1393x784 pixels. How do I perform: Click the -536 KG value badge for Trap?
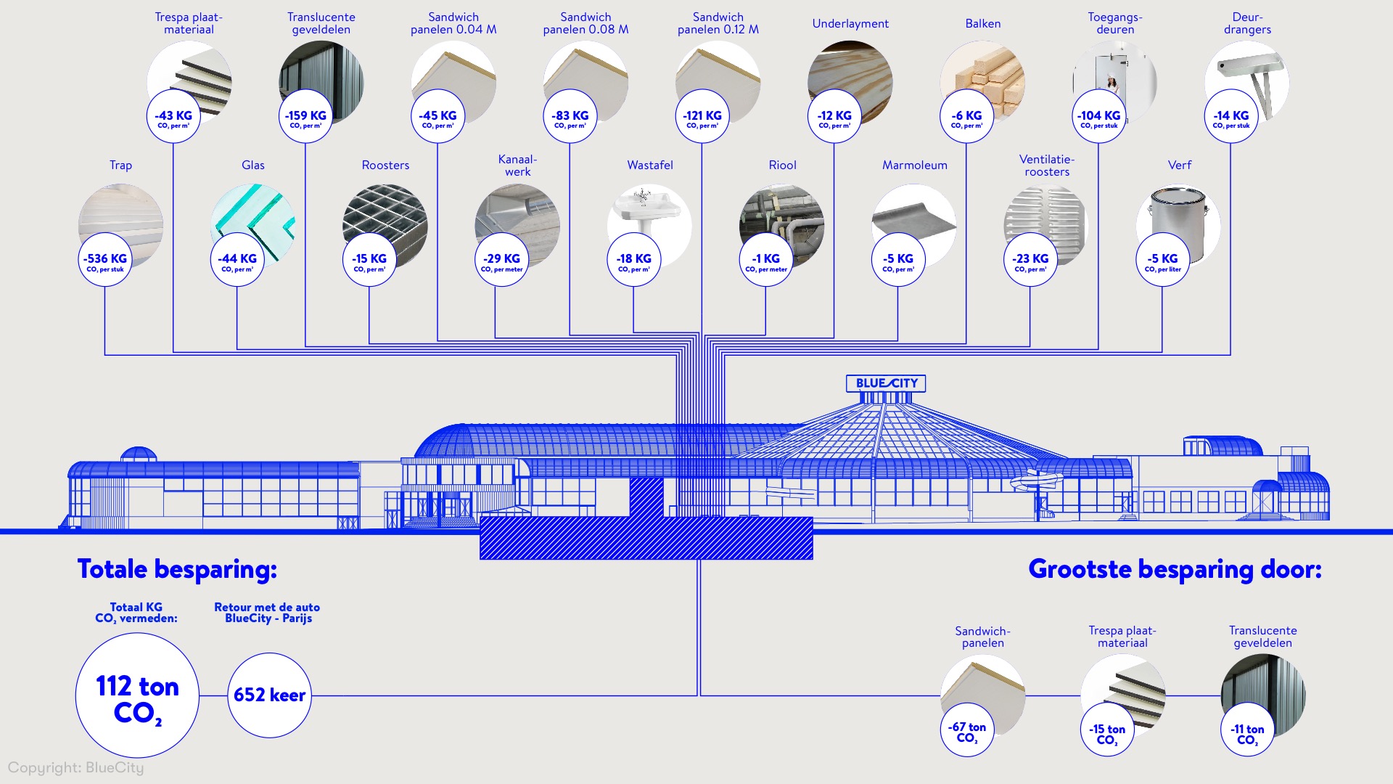pyautogui.click(x=105, y=260)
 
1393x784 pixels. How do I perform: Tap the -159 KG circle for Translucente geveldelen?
pyautogui.click(x=305, y=117)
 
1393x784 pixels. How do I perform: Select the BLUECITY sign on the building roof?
pyautogui.click(x=886, y=383)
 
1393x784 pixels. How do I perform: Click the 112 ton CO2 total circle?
pyautogui.click(x=137, y=695)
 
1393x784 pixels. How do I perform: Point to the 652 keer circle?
pyautogui.click(x=269, y=695)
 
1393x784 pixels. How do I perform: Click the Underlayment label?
pyautogui.click(x=850, y=24)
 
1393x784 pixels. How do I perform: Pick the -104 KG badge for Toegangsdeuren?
pyautogui.click(x=1098, y=117)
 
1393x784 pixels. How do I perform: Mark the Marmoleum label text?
pyautogui.click(x=914, y=166)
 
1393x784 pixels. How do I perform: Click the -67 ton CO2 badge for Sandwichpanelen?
pyautogui.click(x=967, y=730)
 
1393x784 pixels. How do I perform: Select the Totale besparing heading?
pyautogui.click(x=177, y=569)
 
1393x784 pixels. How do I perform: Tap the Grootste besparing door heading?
pyautogui.click(x=1175, y=569)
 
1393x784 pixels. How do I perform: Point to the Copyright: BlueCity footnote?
pyautogui.click(x=76, y=768)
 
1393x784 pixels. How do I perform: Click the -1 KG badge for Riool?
pyautogui.click(x=766, y=260)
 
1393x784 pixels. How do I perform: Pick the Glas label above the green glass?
pyautogui.click(x=253, y=166)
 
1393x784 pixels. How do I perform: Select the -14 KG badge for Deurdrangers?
pyautogui.click(x=1231, y=117)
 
